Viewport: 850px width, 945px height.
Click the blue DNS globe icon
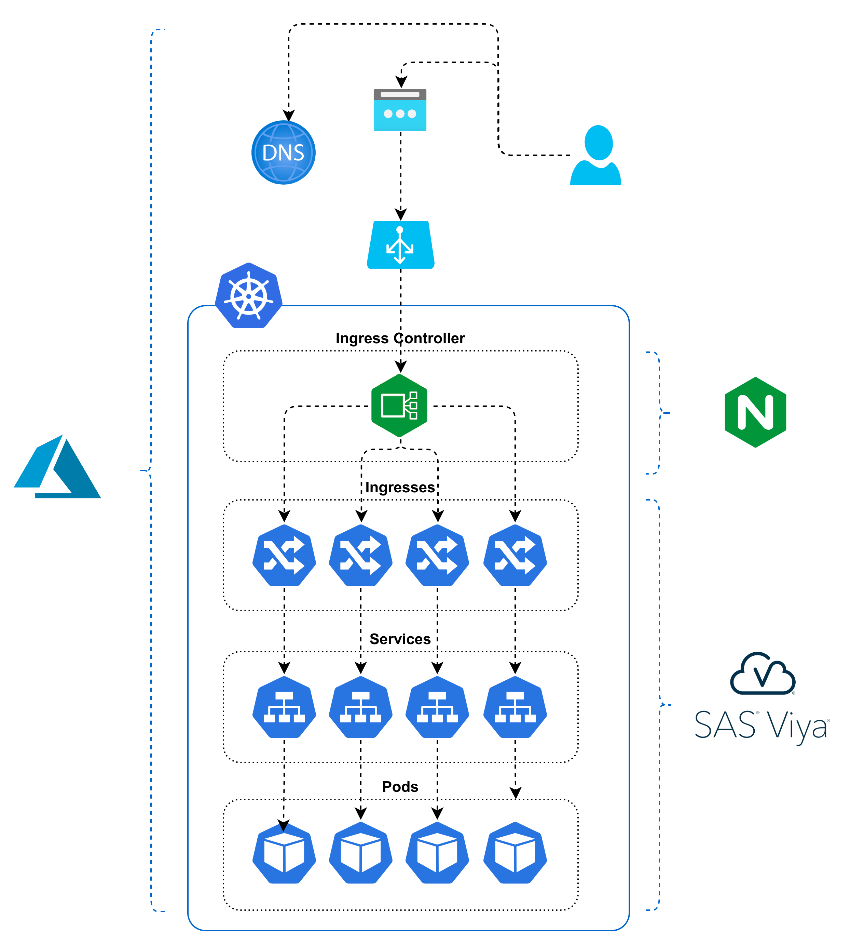click(x=284, y=152)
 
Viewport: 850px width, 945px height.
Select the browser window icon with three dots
click(x=400, y=110)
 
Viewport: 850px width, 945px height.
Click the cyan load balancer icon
click(x=400, y=245)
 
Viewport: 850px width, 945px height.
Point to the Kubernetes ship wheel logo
click(x=248, y=296)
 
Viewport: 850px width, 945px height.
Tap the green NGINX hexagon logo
click(x=755, y=412)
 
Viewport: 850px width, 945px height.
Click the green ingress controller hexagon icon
click(x=399, y=405)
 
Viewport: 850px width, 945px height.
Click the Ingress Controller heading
click(x=400, y=338)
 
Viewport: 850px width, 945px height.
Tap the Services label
click(x=400, y=639)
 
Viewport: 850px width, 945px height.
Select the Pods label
click(x=400, y=787)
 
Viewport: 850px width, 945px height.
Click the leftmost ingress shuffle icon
click(x=284, y=555)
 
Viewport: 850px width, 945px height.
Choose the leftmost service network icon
click(x=284, y=707)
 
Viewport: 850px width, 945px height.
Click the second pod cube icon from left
click(x=360, y=853)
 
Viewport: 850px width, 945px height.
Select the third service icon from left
click(x=437, y=707)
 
